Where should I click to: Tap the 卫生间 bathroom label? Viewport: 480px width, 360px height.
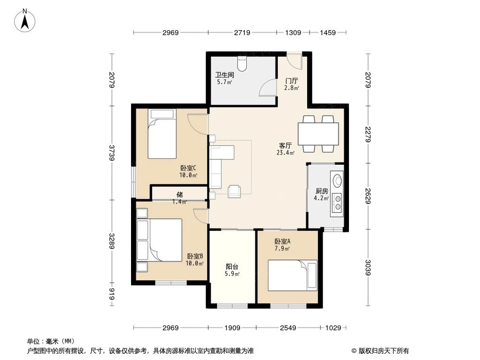[224, 75]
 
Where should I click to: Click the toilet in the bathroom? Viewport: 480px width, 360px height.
[242, 63]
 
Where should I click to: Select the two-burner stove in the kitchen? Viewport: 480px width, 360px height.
[337, 202]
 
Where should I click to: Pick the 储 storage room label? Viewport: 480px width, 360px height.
[180, 194]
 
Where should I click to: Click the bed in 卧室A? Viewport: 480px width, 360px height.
[292, 275]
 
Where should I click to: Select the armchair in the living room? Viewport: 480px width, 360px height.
[235, 191]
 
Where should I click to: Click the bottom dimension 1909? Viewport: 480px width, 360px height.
[232, 328]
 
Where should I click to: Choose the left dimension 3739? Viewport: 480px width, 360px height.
[112, 153]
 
